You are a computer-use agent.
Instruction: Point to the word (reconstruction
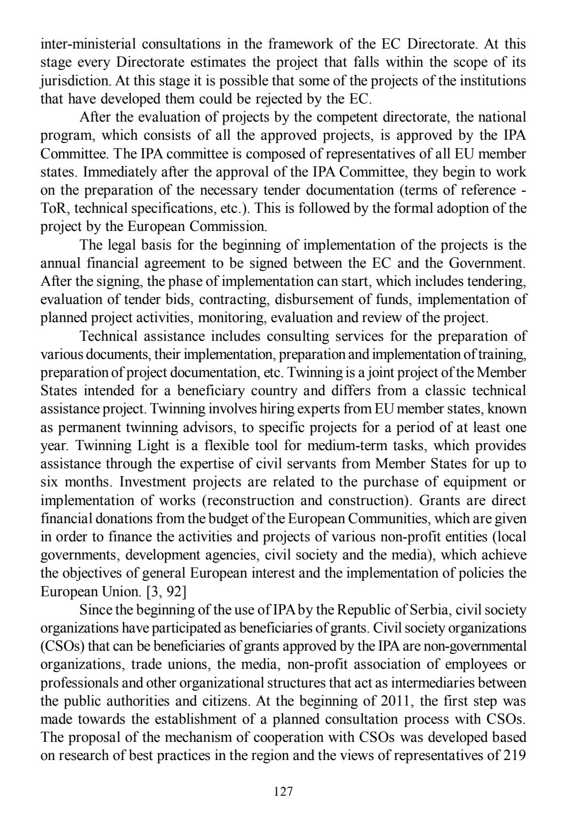[x=249, y=500]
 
